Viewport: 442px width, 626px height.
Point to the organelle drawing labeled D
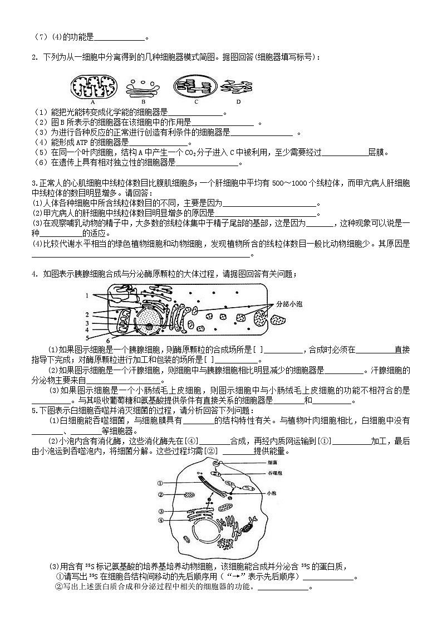point(238,86)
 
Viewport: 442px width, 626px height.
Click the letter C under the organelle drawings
point(196,102)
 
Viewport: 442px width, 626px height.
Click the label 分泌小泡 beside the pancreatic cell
point(289,305)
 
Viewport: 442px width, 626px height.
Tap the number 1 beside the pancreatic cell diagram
point(87,295)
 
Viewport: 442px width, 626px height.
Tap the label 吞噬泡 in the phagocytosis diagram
point(273,472)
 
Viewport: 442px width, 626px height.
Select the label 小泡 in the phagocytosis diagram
point(271,493)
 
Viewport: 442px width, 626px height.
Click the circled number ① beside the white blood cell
point(160,483)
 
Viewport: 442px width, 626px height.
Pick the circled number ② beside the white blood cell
point(160,495)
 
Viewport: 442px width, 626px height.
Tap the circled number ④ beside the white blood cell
point(160,521)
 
